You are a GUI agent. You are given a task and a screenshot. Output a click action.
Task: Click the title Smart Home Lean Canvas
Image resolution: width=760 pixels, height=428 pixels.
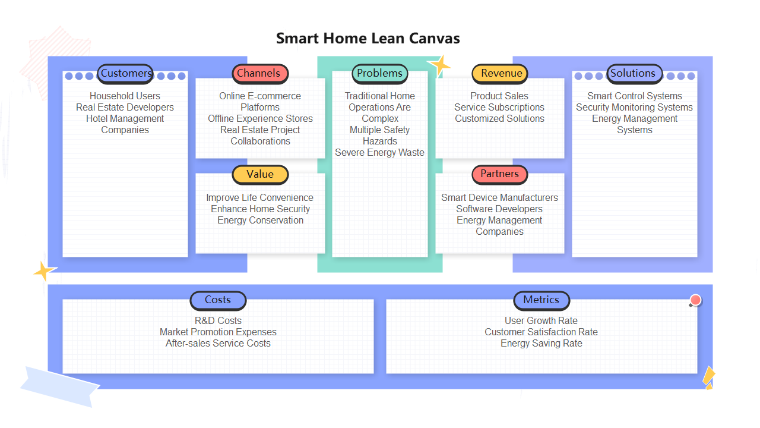[x=368, y=39]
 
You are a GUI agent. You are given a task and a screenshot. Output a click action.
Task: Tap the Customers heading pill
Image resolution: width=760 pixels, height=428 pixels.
[x=125, y=74]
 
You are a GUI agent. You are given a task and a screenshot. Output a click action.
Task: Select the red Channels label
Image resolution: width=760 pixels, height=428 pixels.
[x=259, y=74]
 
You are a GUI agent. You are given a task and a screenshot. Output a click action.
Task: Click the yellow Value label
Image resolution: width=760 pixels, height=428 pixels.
[x=260, y=174]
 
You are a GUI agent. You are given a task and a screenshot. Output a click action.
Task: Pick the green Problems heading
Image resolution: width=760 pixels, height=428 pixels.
[x=380, y=74]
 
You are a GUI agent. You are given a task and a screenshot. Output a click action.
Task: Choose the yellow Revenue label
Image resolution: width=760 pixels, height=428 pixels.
[x=500, y=74]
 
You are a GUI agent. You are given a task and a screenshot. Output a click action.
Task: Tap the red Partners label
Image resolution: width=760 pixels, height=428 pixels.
[x=500, y=174]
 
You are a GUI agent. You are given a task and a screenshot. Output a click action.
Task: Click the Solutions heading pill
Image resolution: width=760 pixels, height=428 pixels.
[x=634, y=74]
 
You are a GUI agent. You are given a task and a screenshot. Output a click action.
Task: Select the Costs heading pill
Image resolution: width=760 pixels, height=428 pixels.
[x=218, y=300]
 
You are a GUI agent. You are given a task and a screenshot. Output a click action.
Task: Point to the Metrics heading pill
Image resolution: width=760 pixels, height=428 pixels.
[x=541, y=300]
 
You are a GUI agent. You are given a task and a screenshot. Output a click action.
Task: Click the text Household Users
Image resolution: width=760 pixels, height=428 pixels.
[x=125, y=96]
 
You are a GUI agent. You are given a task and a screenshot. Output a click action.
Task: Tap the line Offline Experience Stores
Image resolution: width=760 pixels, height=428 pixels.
[x=260, y=119]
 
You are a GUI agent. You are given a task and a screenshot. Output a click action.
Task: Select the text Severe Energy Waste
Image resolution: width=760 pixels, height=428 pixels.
[x=380, y=153]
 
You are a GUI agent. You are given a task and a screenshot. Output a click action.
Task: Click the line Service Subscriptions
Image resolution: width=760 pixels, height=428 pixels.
[x=499, y=108]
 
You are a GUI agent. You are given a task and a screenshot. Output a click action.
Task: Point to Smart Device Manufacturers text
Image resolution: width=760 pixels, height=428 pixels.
[x=499, y=198]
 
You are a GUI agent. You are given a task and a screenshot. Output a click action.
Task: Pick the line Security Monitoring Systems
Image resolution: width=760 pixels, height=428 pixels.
[x=634, y=108]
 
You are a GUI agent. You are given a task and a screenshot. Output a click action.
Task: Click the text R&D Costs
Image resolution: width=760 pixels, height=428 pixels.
[x=218, y=321]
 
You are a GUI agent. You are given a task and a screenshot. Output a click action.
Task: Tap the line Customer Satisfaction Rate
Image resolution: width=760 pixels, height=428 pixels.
[x=541, y=332]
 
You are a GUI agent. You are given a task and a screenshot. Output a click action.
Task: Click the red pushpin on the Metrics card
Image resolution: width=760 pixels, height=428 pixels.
[x=695, y=300]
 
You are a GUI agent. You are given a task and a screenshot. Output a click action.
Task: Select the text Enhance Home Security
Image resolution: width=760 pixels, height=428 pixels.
[x=260, y=209]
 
